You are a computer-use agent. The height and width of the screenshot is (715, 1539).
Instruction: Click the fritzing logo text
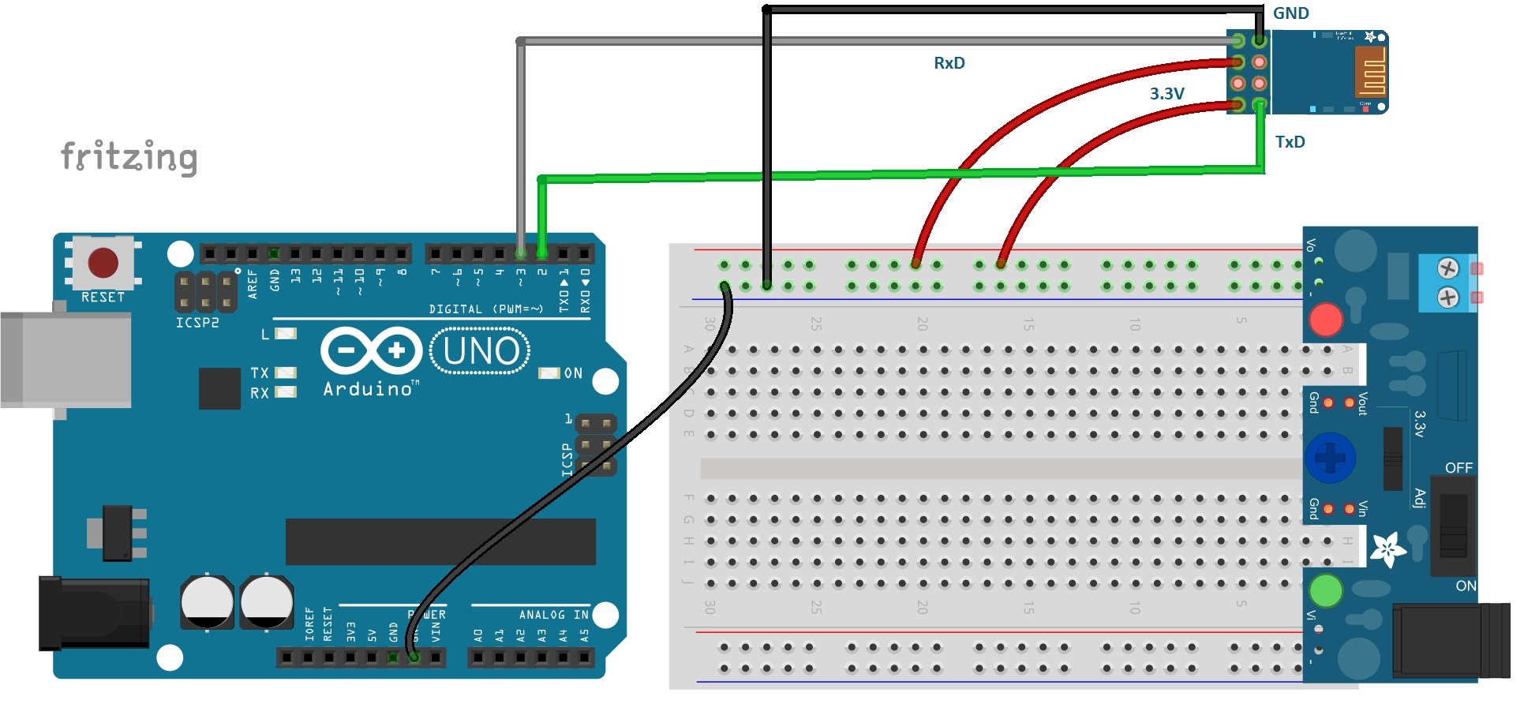129,157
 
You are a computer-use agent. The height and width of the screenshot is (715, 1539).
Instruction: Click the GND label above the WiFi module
1290,13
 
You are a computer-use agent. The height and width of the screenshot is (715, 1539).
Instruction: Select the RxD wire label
949,63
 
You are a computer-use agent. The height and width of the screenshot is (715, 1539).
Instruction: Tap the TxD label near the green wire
1290,142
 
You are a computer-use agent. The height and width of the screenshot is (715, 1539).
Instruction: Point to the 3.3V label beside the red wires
1166,94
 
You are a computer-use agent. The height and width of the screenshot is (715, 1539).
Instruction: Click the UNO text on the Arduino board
480,351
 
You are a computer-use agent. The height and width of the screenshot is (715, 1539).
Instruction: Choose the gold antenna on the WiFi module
1370,72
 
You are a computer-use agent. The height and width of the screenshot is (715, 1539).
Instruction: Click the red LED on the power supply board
1325,320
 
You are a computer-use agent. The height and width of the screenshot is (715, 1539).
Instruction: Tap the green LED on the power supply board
1325,590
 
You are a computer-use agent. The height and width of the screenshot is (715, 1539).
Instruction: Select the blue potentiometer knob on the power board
1330,458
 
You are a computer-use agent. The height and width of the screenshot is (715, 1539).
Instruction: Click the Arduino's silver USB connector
66,359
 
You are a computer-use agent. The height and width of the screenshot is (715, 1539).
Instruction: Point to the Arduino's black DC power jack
95,613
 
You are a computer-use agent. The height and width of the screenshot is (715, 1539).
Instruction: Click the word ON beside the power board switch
1466,586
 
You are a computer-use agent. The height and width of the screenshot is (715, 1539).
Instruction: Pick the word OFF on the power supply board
1458,468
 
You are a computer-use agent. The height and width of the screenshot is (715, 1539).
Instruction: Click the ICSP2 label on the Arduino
197,323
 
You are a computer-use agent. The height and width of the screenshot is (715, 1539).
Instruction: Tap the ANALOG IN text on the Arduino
553,615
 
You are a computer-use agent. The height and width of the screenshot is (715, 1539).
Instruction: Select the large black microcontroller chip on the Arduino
440,541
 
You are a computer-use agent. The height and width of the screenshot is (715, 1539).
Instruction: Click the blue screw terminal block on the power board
1447,283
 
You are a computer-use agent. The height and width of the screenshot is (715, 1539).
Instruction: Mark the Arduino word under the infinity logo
368,389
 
